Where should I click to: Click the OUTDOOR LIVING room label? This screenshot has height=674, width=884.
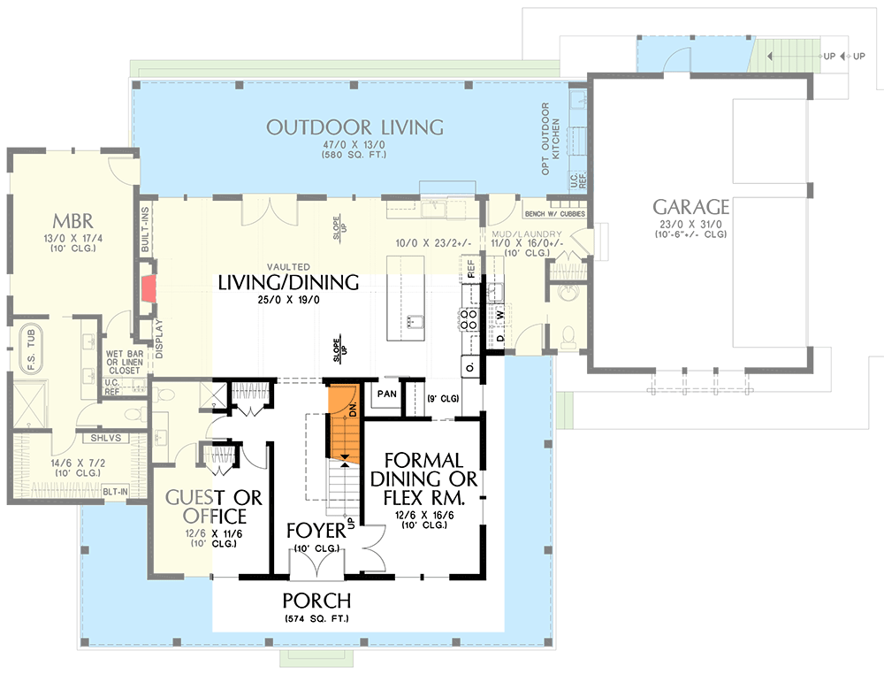(x=354, y=127)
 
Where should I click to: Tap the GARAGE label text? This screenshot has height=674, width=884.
(x=690, y=207)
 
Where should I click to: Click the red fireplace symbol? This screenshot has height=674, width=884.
(x=149, y=287)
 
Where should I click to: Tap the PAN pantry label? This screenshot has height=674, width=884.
(x=385, y=394)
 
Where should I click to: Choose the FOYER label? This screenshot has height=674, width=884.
(x=315, y=531)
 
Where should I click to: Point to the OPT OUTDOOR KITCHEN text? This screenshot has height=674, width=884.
(x=551, y=139)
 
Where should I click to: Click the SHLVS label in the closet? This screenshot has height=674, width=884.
(x=105, y=438)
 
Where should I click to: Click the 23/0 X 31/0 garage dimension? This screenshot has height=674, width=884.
(x=690, y=225)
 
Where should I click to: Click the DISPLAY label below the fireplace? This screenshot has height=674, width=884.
(x=159, y=336)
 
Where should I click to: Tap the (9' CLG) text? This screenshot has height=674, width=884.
(x=442, y=398)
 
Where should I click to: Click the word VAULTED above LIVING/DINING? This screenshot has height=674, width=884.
(x=288, y=267)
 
